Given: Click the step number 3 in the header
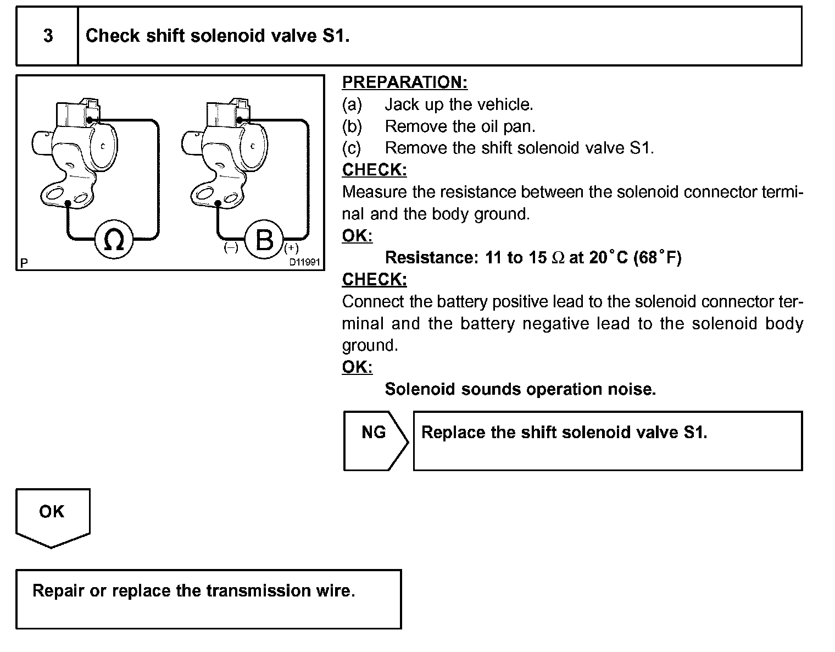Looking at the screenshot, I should (48, 36).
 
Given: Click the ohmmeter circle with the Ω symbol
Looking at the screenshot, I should (114, 240).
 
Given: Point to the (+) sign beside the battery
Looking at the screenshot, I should (291, 248).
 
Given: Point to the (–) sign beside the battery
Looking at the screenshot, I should (231, 248).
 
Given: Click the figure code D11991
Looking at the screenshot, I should (304, 262).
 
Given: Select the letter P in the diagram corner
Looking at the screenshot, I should (24, 263).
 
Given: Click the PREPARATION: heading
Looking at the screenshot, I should (404, 82).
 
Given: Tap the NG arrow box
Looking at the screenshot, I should (374, 440).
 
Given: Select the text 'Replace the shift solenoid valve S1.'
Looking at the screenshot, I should (564, 433).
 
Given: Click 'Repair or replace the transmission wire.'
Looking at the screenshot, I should (193, 591).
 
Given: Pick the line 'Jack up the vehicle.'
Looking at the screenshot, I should (459, 104).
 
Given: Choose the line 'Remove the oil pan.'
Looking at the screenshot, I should (460, 126).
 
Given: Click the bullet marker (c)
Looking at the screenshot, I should (352, 148).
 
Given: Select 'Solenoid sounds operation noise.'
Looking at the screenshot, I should (520, 389).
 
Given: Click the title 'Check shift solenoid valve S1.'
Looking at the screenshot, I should (218, 36).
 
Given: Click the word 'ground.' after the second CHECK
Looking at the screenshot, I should (370, 346).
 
